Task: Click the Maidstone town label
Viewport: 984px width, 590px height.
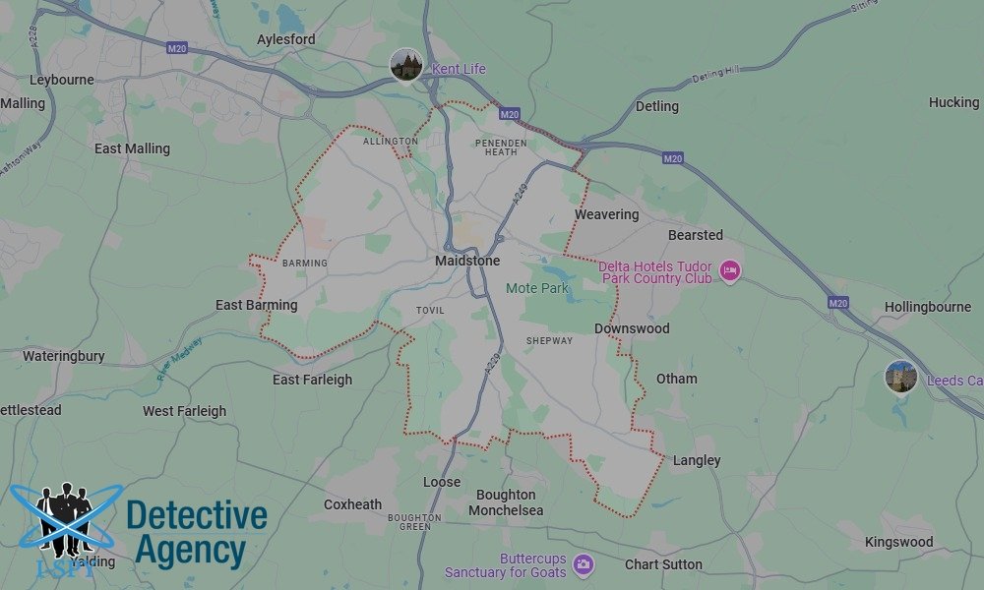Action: tap(467, 261)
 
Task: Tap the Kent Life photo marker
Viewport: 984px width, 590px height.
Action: tap(406, 65)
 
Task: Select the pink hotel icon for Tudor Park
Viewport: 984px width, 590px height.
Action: tap(729, 270)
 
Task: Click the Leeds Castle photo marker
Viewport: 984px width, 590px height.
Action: tap(901, 377)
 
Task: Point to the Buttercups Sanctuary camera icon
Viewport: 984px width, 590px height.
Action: tap(584, 563)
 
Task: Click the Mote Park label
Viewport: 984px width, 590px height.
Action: tap(537, 288)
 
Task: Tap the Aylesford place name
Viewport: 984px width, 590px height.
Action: tap(286, 39)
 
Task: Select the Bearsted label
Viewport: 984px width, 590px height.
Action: tap(696, 235)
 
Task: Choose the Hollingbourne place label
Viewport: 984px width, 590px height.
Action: tap(928, 307)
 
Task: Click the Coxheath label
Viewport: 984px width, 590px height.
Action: tap(352, 504)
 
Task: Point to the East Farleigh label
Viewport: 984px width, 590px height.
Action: tap(312, 380)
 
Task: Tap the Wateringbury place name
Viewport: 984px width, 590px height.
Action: tap(64, 356)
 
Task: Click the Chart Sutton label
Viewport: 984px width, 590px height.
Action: tap(663, 564)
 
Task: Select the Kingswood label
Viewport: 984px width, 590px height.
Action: tap(899, 542)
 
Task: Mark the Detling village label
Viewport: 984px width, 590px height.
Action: tap(657, 106)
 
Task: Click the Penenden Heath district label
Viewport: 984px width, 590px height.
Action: tap(502, 147)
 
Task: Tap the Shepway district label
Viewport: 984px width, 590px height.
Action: tap(549, 341)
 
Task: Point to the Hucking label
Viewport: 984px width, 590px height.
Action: tap(953, 102)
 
